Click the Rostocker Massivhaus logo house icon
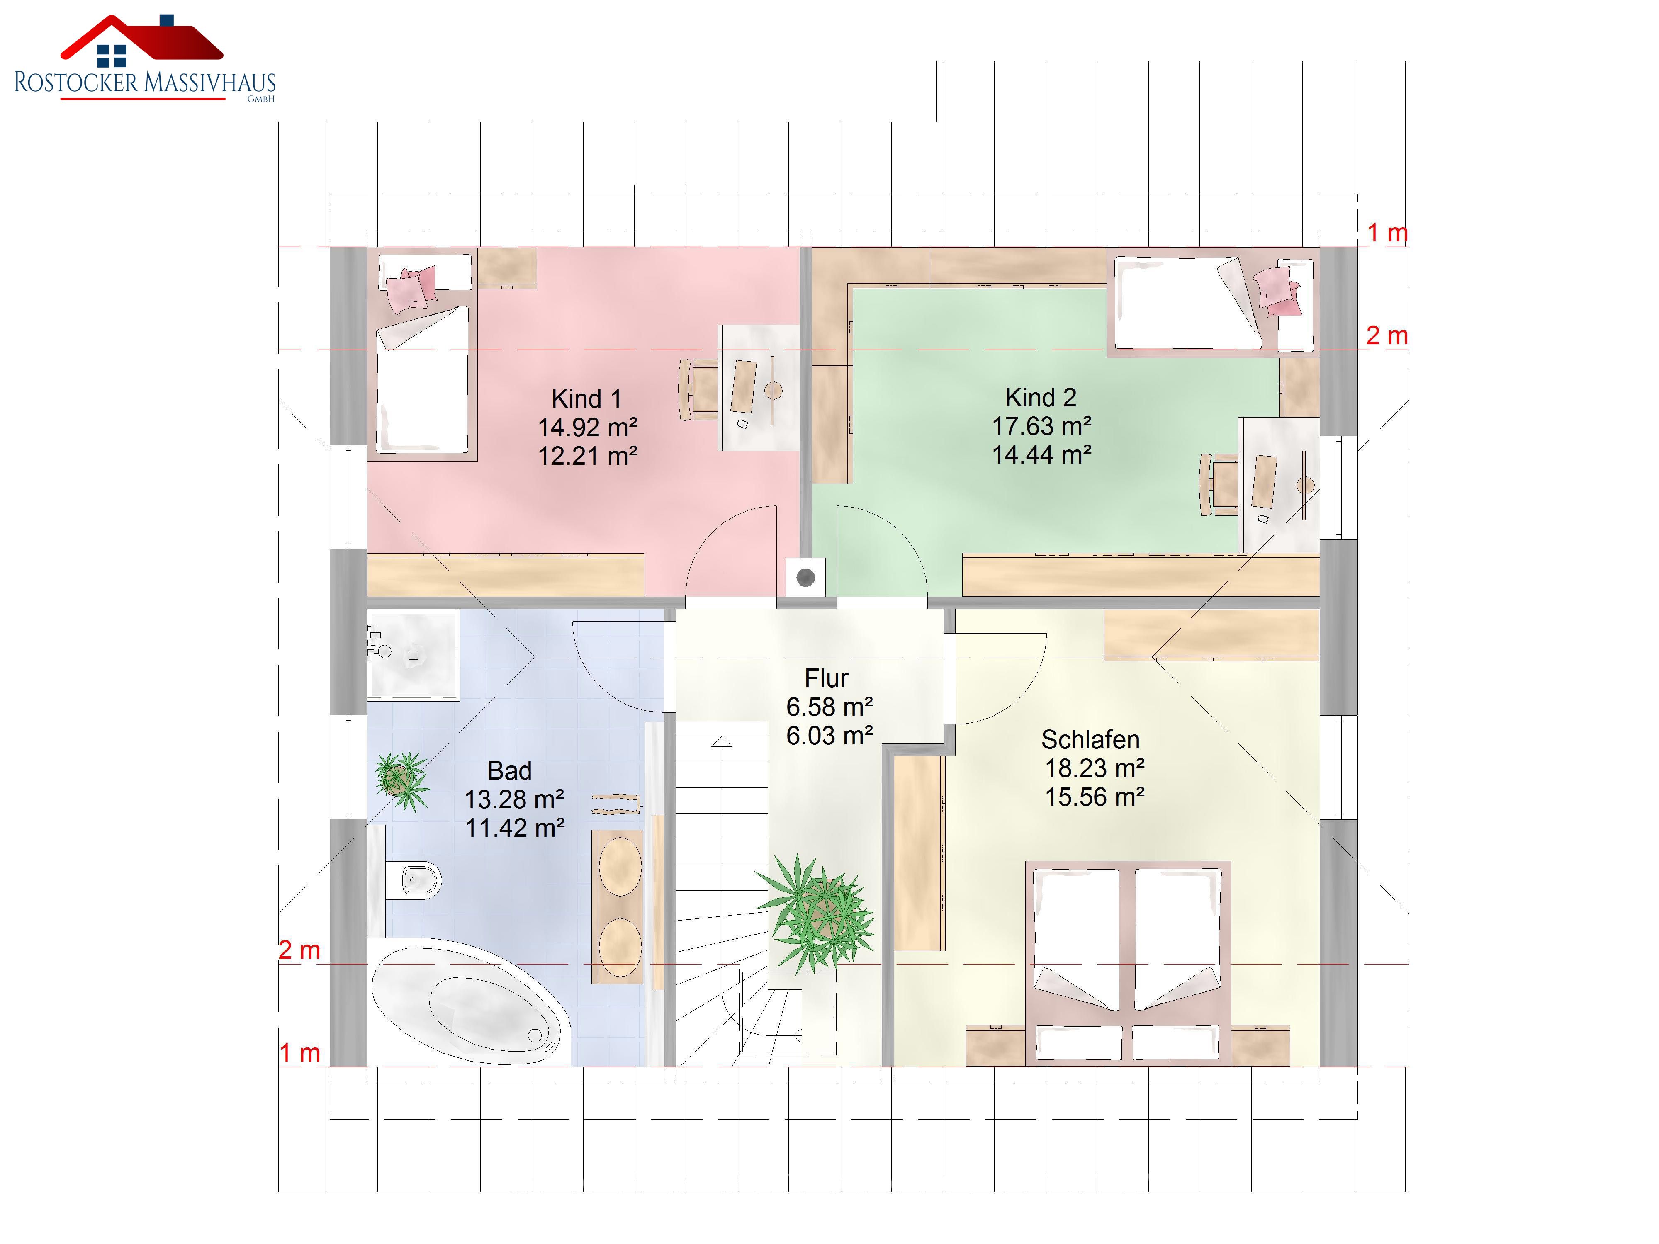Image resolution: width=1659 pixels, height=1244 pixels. pyautogui.click(x=142, y=41)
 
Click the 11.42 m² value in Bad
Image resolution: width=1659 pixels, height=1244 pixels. pyautogui.click(x=515, y=828)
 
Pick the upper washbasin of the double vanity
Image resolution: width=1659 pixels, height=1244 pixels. pyautogui.click(x=620, y=866)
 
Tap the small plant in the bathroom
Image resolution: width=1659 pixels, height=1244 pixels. pyautogui.click(x=402, y=780)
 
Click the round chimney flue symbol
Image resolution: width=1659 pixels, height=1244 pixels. pyautogui.click(x=805, y=577)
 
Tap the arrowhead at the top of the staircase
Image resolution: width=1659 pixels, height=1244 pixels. pyautogui.click(x=722, y=741)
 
